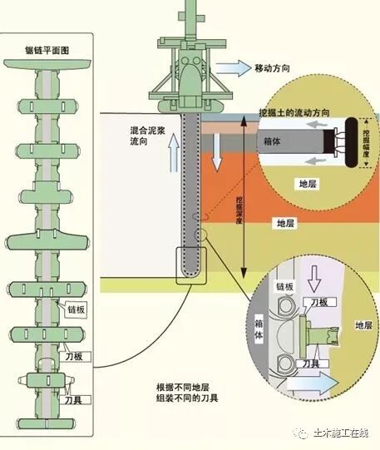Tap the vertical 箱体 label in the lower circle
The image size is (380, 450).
point(269,326)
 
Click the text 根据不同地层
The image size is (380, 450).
point(185,387)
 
